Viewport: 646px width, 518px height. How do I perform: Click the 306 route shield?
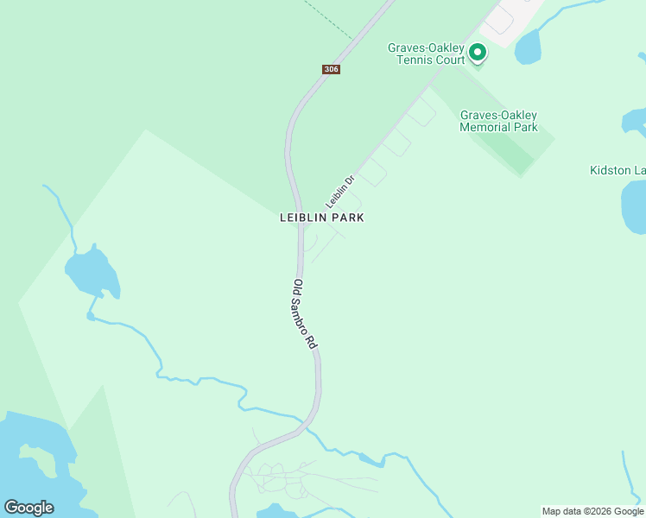tap(331, 69)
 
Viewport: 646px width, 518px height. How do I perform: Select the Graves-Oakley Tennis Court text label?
tap(426, 54)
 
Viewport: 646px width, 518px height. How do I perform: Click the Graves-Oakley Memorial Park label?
tap(498, 121)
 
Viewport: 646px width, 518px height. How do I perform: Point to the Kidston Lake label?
tap(617, 170)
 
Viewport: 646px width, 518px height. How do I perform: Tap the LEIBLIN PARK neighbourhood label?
tap(321, 218)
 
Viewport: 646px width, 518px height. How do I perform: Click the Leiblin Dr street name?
tap(340, 192)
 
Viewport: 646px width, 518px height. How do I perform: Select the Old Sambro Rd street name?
tap(306, 313)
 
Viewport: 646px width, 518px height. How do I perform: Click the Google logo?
tap(28, 507)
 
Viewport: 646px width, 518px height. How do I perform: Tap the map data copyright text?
tap(592, 511)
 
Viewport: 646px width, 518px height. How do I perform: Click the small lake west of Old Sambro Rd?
tap(91, 273)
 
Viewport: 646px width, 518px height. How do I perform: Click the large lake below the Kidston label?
tap(634, 207)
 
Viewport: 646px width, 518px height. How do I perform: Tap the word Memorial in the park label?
tap(498, 127)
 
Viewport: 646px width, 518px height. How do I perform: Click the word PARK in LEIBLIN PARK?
tap(347, 218)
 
